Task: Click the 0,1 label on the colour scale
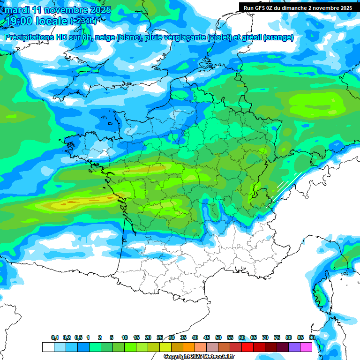coord(55,337)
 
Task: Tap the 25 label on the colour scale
coord(160,337)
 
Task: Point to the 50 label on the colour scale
coord(218,337)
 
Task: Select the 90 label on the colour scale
coord(312,337)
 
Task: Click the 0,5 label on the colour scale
coord(78,337)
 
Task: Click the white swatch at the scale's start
coord(48,347)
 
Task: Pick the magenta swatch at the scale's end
coord(306,347)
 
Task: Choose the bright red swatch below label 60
coord(247,347)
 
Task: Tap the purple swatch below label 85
coord(294,347)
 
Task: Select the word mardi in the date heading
coord(16,10)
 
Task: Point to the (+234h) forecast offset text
coord(84,21)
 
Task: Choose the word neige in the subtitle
coord(104,37)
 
